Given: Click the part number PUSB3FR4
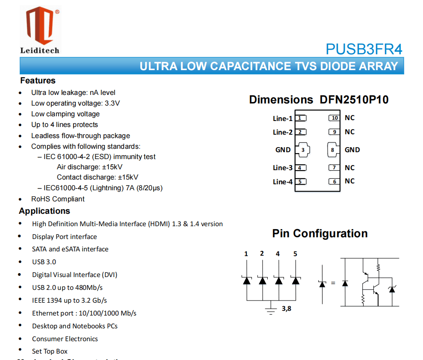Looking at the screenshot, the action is [x=364, y=49].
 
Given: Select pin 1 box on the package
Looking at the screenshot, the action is [x=301, y=118].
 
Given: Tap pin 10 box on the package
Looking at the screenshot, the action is [x=334, y=118].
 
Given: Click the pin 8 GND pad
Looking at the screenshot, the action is [x=333, y=150].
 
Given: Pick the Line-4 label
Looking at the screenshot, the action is [x=283, y=182].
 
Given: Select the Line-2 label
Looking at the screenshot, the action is [x=283, y=132].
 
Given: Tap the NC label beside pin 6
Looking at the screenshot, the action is [x=349, y=181].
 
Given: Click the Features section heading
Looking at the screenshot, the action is [x=38, y=80].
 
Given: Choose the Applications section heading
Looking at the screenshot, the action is [x=44, y=211].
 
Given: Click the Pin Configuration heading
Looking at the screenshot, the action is [x=320, y=233].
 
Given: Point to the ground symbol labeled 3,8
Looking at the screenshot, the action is [x=270, y=310].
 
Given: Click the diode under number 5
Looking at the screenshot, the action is [x=295, y=280].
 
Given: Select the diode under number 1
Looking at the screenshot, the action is [x=246, y=280].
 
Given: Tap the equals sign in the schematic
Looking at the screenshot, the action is [x=333, y=283].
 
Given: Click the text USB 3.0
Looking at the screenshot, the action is [x=44, y=262].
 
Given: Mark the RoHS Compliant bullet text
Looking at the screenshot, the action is [x=58, y=199].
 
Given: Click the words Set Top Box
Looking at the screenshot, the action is [x=50, y=351].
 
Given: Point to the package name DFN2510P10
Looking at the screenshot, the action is [x=354, y=100].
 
